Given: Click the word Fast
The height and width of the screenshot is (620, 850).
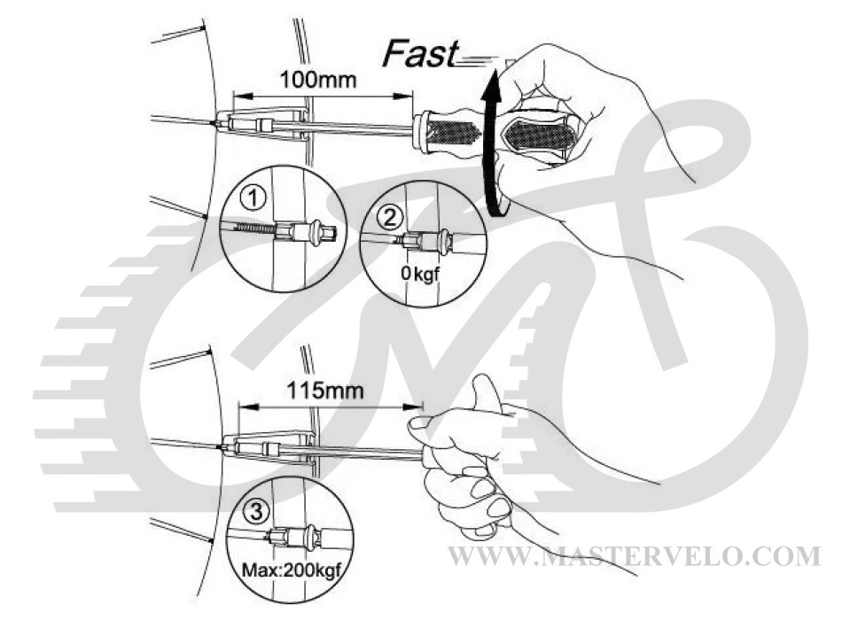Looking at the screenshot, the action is (420, 54).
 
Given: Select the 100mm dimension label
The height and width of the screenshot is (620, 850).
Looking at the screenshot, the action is (318, 80).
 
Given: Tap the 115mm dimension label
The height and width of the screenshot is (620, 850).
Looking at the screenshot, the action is (325, 390).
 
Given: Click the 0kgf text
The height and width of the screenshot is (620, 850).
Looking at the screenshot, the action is (419, 274).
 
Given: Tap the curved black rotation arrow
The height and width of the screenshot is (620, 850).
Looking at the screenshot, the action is (492, 141).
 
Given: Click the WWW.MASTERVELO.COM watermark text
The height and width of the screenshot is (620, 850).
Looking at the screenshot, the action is (635, 556).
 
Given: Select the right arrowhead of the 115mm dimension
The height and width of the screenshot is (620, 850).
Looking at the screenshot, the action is (413, 407).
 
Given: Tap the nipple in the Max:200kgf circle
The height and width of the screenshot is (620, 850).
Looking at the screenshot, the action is (295, 537).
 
